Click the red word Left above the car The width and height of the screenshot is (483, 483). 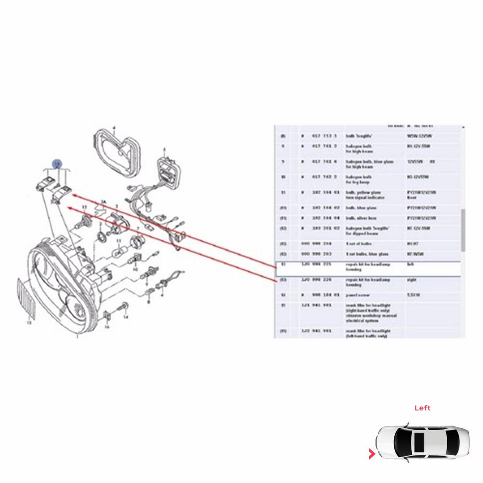pos(422,408)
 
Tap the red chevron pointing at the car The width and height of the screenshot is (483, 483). pos(372,454)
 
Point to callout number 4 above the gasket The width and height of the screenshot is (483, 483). pos(114,128)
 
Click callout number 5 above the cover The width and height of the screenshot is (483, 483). pos(165,150)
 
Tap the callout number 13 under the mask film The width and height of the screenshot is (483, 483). pos(29,323)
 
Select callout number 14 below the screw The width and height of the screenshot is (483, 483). pos(125,317)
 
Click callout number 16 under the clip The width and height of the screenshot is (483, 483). pos(107,326)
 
